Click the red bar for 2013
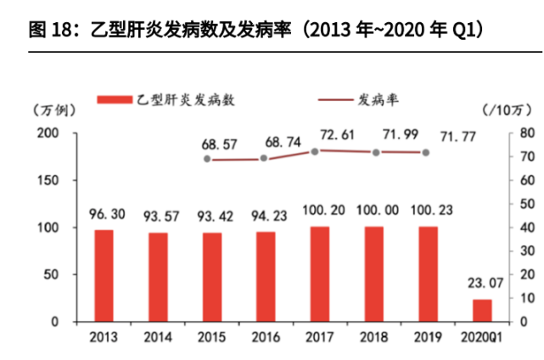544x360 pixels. tap(104, 275)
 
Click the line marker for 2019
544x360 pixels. tap(426, 153)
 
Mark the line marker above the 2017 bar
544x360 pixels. tap(316, 151)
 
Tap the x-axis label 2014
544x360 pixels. tap(158, 337)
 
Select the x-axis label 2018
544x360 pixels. tap(375, 337)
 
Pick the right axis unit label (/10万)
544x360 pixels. tap(506, 110)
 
